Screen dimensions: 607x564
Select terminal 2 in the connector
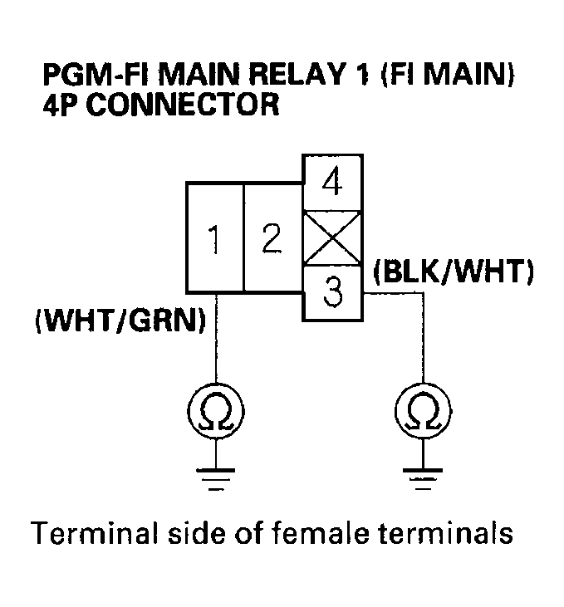click(x=271, y=238)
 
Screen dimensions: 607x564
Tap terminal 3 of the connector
click(x=332, y=293)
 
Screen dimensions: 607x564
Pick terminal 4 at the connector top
click(x=332, y=182)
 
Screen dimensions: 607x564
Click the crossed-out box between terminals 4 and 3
click(x=332, y=238)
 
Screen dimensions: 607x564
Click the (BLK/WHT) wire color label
click(x=453, y=272)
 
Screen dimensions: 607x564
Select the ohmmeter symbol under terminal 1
click(x=217, y=409)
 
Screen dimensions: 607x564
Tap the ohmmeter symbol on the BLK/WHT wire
click(x=424, y=409)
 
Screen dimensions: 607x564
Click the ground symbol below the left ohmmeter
click(x=217, y=478)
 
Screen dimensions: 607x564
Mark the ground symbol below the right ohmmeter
click(x=424, y=478)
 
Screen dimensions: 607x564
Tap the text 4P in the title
click(x=60, y=106)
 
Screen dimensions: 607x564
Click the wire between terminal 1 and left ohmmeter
click(x=217, y=340)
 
